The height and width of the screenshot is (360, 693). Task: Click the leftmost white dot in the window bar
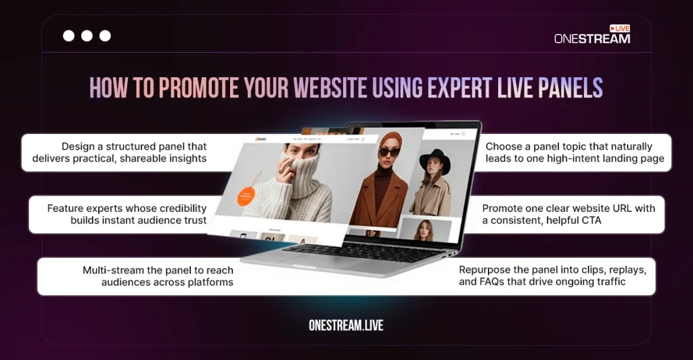68,36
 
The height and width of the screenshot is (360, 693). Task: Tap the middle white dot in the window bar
87,36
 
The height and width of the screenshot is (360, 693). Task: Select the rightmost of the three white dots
105,36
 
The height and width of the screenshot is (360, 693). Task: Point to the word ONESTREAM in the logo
591,39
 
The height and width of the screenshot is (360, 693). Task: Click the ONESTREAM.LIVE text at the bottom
346,325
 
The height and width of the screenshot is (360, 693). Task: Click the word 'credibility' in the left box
179,208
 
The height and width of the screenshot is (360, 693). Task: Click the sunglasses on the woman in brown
388,152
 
